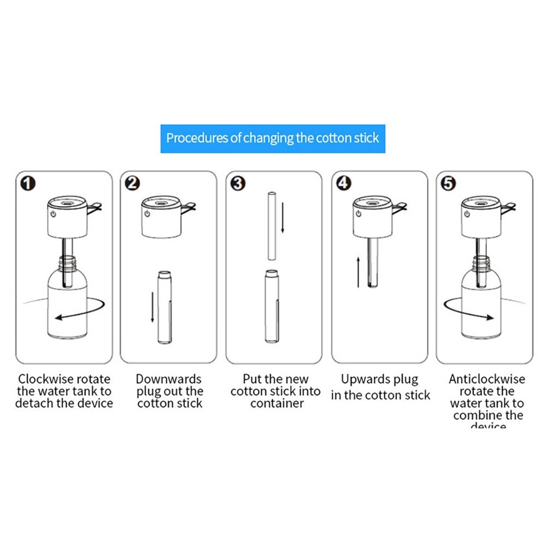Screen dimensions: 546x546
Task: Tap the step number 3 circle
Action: (x=238, y=184)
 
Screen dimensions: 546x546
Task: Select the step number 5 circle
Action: (x=448, y=184)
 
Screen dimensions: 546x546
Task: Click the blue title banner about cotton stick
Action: (x=272, y=138)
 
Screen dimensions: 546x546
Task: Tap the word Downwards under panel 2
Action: (x=168, y=380)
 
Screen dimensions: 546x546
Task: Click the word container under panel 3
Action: (x=277, y=404)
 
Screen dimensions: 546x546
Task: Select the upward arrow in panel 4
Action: (x=358, y=272)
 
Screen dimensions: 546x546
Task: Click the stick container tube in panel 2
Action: (x=164, y=308)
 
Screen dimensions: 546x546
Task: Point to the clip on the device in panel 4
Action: (x=400, y=206)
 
